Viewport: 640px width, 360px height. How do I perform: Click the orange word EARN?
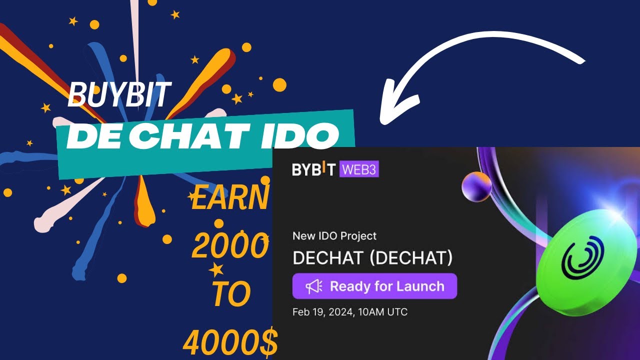(230, 198)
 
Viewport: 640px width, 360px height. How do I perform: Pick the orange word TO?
(230, 295)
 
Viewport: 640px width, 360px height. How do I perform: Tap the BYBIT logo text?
(314, 169)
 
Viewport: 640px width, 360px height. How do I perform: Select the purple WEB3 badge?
(359, 169)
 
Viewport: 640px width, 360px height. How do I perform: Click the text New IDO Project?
(334, 235)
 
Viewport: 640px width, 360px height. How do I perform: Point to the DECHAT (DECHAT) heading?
(372, 258)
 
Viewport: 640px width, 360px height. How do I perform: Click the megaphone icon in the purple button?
(314, 286)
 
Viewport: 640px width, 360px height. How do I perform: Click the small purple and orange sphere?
(476, 186)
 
